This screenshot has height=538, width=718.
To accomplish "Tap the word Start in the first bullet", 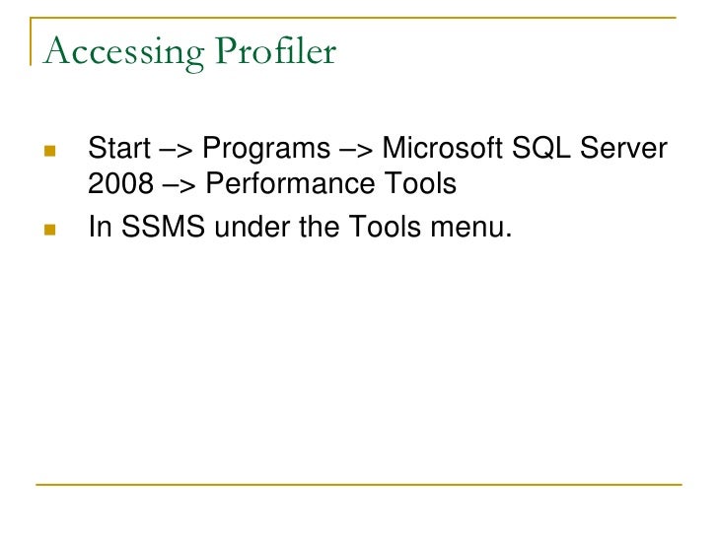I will tap(116, 150).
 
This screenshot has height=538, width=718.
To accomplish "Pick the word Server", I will tap(628, 150).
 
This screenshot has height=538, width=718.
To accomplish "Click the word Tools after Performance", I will tap(418, 184).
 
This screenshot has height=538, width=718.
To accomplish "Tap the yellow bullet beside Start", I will tap(50, 153).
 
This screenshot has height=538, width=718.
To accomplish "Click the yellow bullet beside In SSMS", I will tap(50, 230).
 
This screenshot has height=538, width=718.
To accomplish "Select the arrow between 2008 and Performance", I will tap(178, 185).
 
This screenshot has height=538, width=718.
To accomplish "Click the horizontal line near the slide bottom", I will tap(359, 485).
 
